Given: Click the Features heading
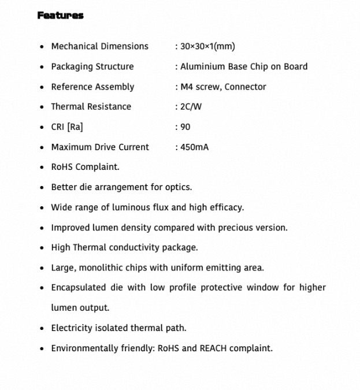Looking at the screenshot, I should (x=61, y=16).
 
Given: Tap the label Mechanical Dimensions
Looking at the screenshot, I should (x=99, y=46).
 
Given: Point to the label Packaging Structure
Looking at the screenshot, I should (x=92, y=66).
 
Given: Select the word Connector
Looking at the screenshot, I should (x=246, y=87).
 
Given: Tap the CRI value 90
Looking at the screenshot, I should (x=185, y=127).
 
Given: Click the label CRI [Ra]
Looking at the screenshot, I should (x=67, y=127).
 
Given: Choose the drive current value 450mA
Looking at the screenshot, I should (x=194, y=147).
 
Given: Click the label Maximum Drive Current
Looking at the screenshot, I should (x=100, y=147).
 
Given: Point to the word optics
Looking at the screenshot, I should (x=179, y=187).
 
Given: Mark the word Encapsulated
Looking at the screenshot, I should (x=79, y=288).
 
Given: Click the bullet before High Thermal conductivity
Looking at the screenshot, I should (x=42, y=248).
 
